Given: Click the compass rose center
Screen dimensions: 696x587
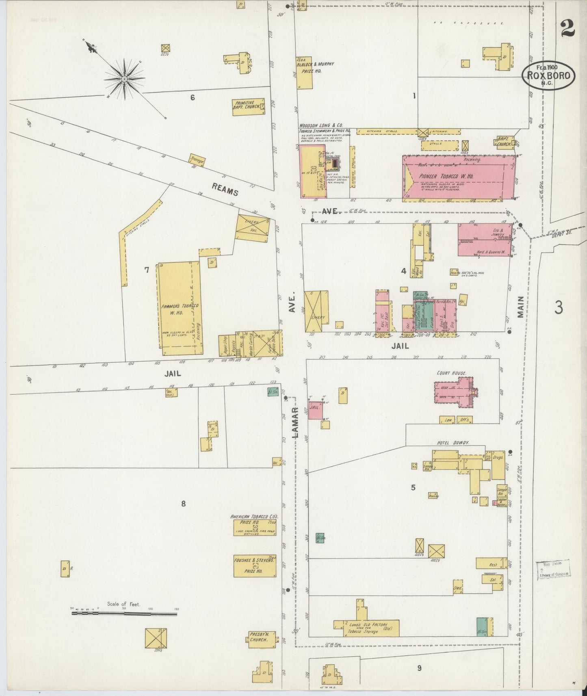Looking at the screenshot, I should coord(124,78).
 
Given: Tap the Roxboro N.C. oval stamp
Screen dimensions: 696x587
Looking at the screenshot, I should coord(548,76).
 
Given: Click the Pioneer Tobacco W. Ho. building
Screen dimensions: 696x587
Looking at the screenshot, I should coord(459,178).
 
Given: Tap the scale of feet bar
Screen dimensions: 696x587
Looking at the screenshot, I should coord(124,614).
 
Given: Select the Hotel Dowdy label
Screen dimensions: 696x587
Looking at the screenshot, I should coord(453,443).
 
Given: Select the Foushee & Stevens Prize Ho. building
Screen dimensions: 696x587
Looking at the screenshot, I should coord(254,566).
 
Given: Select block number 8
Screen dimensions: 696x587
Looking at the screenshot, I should coord(184,504).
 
